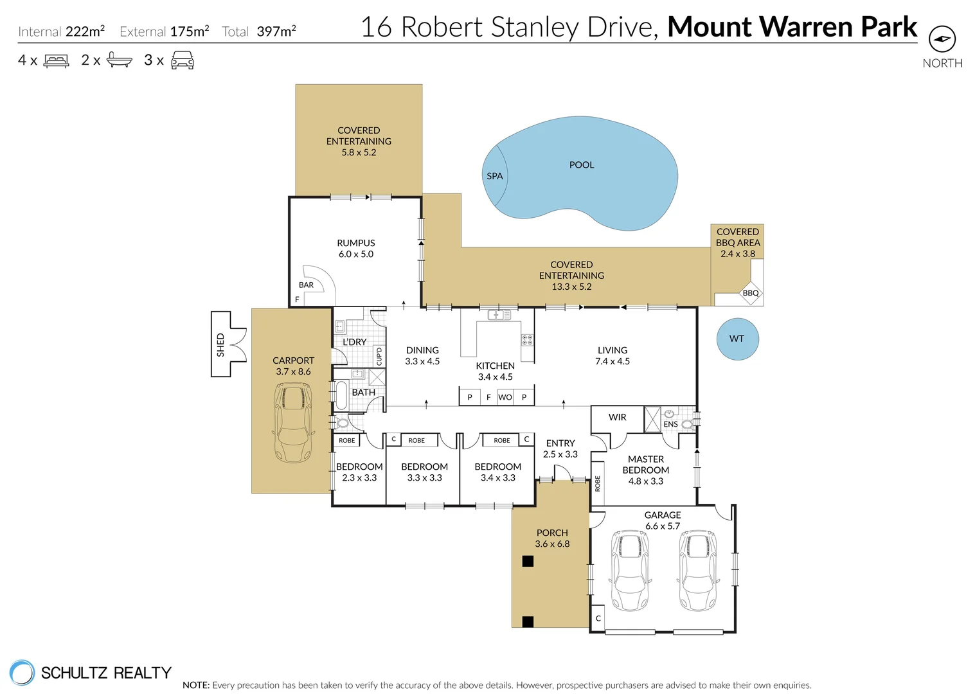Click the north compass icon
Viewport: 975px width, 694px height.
942,39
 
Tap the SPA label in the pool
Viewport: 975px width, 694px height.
494,176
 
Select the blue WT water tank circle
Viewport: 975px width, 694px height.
737,339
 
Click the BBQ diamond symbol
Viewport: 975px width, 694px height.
750,293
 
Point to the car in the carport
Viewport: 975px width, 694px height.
293,422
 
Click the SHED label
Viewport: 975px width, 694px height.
220,344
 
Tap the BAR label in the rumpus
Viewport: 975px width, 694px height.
306,285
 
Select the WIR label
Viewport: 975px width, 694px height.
617,417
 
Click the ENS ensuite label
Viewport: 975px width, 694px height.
670,424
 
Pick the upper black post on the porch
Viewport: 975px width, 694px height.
528,561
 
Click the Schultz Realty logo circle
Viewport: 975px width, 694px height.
22,673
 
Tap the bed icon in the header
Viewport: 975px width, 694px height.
56,61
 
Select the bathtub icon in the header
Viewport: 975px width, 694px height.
119,60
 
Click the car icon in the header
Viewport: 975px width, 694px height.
183,60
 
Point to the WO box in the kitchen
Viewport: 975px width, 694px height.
505,397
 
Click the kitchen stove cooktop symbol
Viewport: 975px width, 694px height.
527,340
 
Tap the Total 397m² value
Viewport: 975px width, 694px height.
276,31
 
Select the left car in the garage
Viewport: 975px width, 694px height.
629,570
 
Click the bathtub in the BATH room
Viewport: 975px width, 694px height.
341,396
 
